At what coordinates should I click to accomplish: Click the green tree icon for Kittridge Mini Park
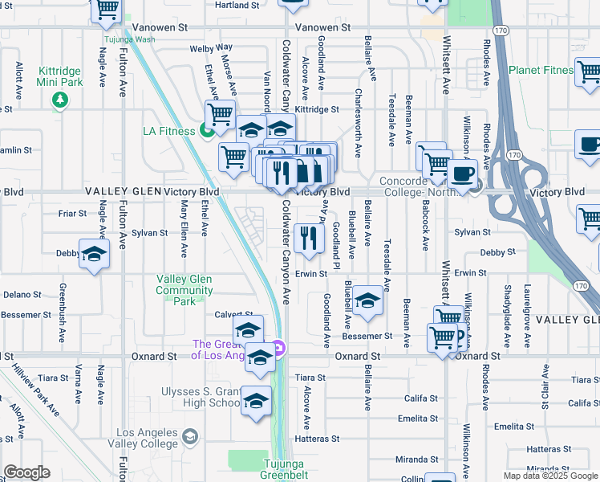point(59,100)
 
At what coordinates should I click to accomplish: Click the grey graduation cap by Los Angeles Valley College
point(190,436)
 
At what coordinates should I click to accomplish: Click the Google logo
point(26,472)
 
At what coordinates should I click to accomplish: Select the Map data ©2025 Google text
point(549,476)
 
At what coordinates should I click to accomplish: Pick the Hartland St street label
point(236,5)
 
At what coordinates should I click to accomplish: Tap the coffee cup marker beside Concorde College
point(463,174)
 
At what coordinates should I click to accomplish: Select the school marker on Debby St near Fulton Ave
point(94,254)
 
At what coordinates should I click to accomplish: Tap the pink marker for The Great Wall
point(278,348)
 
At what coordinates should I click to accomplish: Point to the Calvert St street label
point(234,315)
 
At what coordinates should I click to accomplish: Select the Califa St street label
point(420,398)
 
